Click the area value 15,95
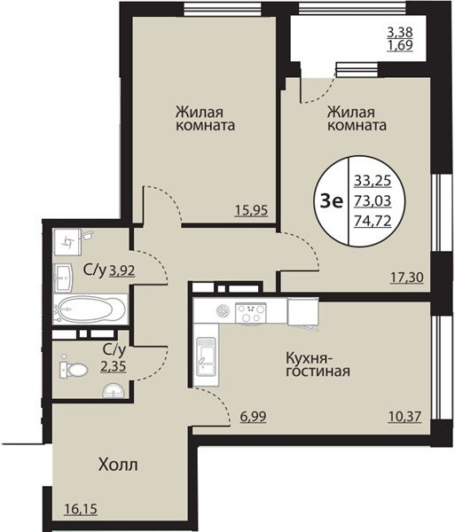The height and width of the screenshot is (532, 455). click(251, 211)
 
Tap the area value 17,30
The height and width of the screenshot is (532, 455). click(407, 278)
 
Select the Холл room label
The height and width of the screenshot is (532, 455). click(118, 465)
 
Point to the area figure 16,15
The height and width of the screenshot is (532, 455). click(81, 509)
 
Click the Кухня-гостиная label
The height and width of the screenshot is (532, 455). click(318, 364)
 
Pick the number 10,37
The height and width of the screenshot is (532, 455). click(404, 416)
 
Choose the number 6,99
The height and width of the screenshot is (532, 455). click(253, 417)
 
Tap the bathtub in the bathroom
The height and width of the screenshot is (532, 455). click(90, 309)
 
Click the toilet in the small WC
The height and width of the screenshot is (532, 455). click(74, 369)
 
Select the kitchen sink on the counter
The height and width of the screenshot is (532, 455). click(206, 356)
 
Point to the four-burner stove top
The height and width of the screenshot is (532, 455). click(251, 313)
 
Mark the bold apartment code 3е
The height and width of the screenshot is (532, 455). click(332, 202)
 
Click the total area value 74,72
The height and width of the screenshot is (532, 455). click(373, 221)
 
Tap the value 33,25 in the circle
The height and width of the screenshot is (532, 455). click(373, 180)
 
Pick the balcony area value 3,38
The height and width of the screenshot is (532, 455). click(400, 33)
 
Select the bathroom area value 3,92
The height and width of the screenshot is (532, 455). click(122, 270)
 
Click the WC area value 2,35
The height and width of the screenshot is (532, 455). click(114, 366)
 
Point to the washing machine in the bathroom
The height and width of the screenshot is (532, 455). click(68, 242)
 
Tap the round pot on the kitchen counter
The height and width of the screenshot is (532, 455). click(223, 310)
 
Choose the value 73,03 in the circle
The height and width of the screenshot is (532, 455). click(373, 201)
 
